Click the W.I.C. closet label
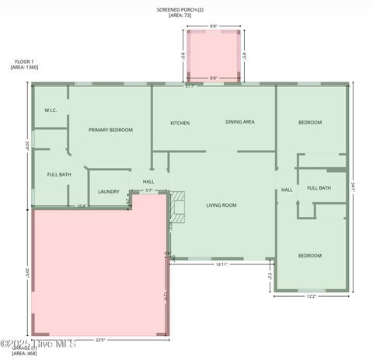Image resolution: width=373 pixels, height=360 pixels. [51, 110]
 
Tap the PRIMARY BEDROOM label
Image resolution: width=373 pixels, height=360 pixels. [110, 130]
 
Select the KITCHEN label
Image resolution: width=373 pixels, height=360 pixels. [180, 123]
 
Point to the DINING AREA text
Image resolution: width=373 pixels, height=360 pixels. [240, 122]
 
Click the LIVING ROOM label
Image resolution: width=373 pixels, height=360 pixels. [221, 205]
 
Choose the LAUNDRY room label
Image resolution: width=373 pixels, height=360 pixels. [108, 191]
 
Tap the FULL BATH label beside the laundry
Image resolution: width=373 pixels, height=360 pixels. [59, 174]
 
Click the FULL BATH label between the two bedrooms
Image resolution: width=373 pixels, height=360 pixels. [319, 188]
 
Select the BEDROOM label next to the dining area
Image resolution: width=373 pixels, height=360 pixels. [310, 122]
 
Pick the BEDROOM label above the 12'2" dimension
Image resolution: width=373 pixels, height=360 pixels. [311, 256]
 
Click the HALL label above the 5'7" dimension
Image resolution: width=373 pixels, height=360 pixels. [148, 181]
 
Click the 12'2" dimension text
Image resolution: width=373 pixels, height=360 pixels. [311, 295]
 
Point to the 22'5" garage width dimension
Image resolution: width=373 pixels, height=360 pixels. [100, 339]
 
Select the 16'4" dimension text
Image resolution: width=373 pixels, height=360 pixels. [81, 206]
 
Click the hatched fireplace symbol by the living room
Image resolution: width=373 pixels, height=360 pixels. [179, 206]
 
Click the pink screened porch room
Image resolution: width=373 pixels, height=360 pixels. [214, 54]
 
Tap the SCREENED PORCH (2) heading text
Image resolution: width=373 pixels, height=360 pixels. [180, 9]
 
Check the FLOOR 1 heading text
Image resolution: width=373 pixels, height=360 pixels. [23, 61]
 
